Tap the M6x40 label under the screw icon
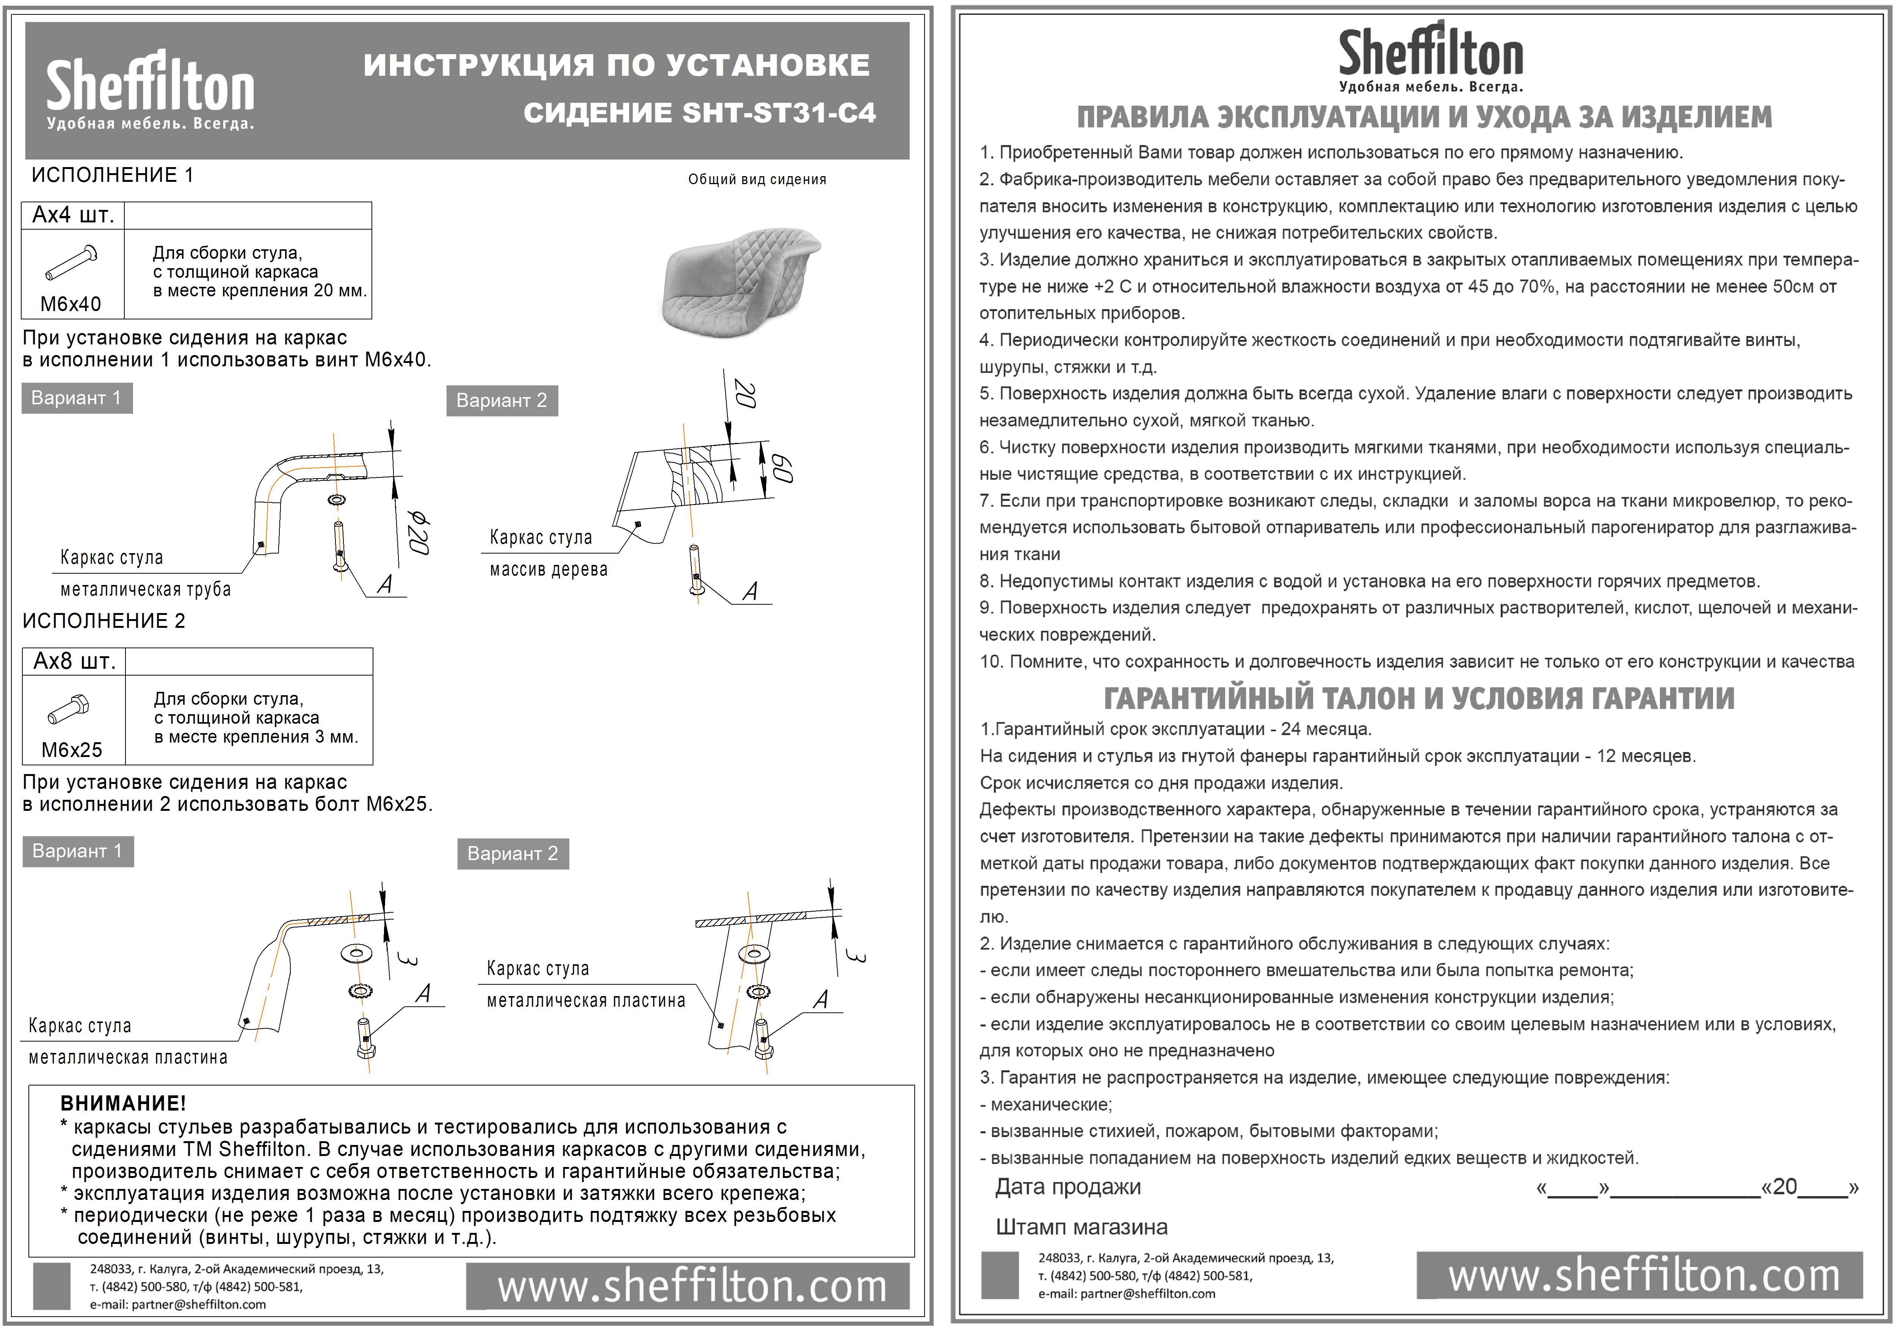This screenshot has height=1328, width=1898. [x=71, y=304]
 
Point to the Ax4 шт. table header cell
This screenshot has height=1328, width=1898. [x=73, y=216]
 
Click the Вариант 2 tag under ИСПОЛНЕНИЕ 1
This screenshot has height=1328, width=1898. [x=502, y=401]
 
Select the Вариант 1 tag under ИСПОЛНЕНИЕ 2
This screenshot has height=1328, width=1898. [x=77, y=851]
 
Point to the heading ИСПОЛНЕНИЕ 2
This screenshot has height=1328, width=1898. [x=104, y=621]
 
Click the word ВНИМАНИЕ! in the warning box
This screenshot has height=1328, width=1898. [x=123, y=1103]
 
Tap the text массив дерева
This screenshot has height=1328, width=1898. [x=548, y=569]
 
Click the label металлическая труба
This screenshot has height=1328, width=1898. [x=146, y=589]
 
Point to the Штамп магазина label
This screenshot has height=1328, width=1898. [x=1081, y=1227]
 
